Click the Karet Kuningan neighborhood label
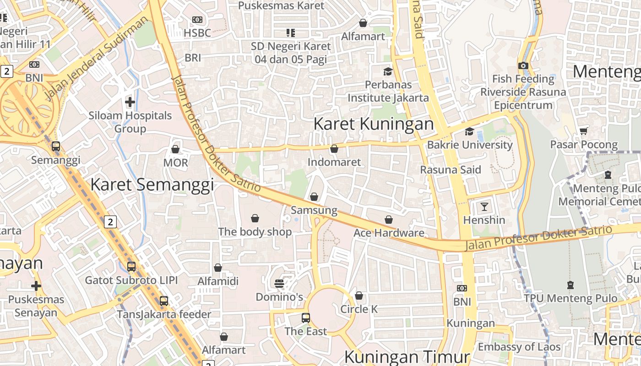click(x=374, y=124)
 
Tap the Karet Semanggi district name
click(x=152, y=184)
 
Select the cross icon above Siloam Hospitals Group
click(x=130, y=102)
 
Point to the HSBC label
click(x=197, y=33)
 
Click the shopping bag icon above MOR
click(x=175, y=149)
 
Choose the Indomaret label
click(x=334, y=162)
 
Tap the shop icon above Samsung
click(x=314, y=197)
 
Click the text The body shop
click(x=255, y=231)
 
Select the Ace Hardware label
click(x=389, y=233)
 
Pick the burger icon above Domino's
click(x=279, y=284)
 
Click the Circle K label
click(x=359, y=309)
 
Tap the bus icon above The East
click(x=305, y=318)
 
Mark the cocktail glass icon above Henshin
click(x=484, y=206)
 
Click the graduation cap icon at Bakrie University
click(x=469, y=132)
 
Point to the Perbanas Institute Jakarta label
click(x=388, y=91)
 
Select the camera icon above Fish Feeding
click(x=523, y=65)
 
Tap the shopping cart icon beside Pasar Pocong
click(x=583, y=131)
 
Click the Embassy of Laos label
click(x=519, y=347)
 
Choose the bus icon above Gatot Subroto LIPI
click(x=131, y=266)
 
